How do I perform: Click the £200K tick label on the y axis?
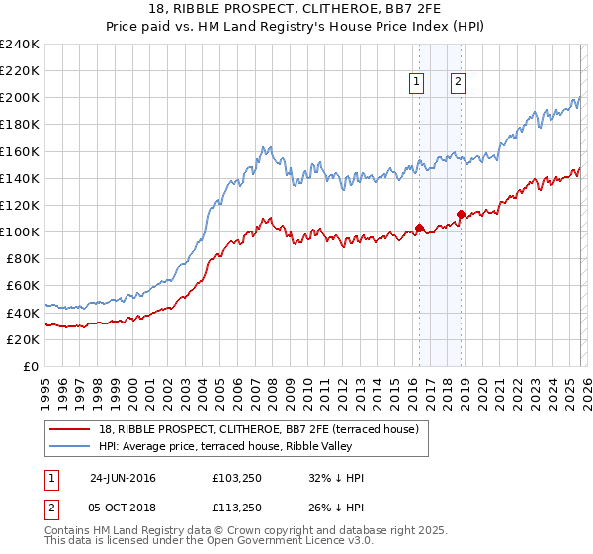[20, 98]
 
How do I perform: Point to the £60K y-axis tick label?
[23, 285]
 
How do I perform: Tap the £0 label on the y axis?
[31, 366]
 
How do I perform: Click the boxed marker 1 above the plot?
[418, 83]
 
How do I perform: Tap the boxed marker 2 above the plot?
[459, 83]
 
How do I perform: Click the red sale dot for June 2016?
[419, 228]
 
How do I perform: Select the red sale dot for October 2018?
[461, 214]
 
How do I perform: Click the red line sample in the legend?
[69, 429]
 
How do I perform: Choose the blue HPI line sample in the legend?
[69, 446]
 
